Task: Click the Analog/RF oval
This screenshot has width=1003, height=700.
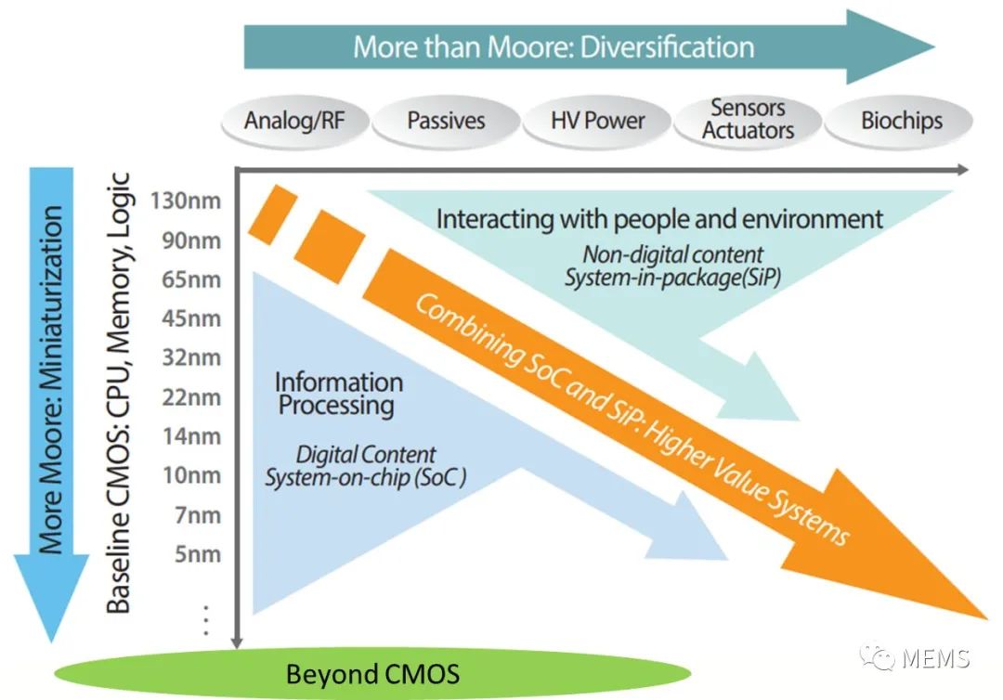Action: [x=293, y=121]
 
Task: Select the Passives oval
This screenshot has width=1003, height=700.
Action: [x=446, y=121]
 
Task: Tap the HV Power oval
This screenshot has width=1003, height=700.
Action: [x=597, y=121]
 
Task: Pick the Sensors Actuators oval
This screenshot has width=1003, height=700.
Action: [x=748, y=120]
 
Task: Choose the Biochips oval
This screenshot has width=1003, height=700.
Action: [x=900, y=121]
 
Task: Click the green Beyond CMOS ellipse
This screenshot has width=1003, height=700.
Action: [x=372, y=673]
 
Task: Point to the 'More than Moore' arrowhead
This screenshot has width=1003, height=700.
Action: [x=892, y=46]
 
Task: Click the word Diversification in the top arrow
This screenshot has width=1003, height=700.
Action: [x=667, y=46]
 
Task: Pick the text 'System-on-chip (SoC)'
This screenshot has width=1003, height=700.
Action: [x=365, y=478]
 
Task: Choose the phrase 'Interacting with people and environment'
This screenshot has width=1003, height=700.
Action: [x=659, y=219]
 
